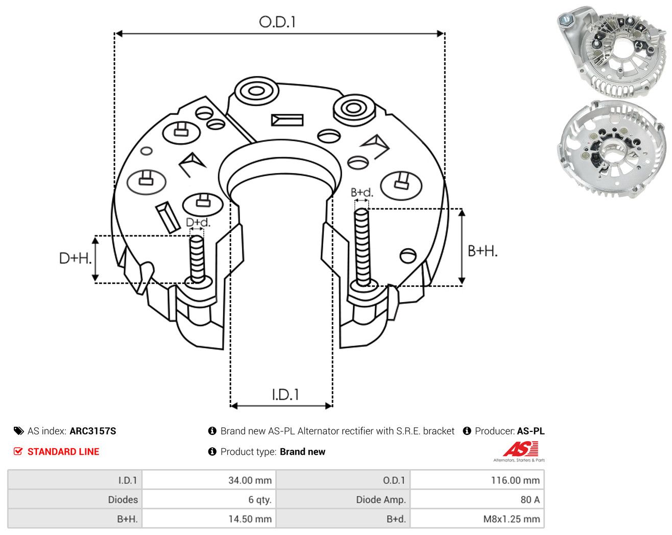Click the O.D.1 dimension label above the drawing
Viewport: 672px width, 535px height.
[277, 22]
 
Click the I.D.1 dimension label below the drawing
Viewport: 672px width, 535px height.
[285, 395]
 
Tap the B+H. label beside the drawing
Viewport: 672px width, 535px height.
[483, 251]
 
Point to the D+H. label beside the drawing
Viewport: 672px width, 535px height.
[75, 258]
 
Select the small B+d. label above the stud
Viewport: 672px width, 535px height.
[362, 192]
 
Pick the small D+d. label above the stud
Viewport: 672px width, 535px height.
[198, 222]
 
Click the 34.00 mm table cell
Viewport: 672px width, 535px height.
[250, 480]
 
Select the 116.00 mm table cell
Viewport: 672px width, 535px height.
[515, 480]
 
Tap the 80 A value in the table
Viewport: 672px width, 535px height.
[530, 499]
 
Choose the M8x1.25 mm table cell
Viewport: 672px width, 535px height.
[512, 519]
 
